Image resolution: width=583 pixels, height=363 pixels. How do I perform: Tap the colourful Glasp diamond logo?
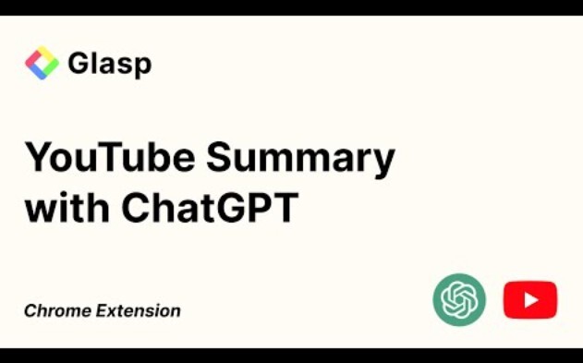click(42, 63)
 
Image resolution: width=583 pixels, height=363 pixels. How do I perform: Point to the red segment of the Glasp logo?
click(32, 58)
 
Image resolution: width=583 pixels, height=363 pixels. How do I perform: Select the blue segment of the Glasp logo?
click(36, 71)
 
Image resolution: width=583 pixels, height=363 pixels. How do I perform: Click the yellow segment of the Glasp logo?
click(47, 54)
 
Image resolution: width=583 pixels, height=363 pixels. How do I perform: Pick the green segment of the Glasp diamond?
click(51, 67)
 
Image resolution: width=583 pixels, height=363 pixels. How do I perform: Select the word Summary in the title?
click(301, 159)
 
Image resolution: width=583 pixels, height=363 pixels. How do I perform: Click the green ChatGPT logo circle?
click(459, 299)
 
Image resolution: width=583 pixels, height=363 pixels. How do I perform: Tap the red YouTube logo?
click(529, 299)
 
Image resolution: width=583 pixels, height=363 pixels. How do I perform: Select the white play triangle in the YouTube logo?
click(530, 299)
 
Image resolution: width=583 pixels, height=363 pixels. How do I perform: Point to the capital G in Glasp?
click(79, 63)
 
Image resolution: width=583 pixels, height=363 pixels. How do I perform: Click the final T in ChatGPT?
click(285, 208)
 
